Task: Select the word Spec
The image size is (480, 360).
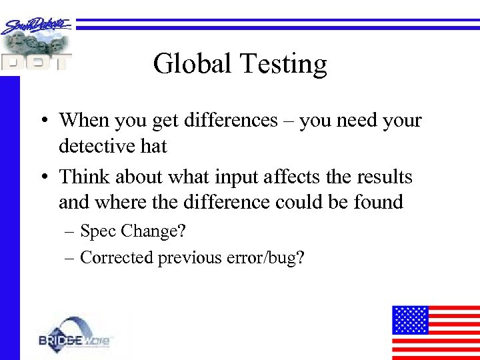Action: click(x=97, y=232)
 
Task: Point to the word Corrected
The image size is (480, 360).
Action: click(x=117, y=258)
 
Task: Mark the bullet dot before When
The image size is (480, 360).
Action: click(x=42, y=121)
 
